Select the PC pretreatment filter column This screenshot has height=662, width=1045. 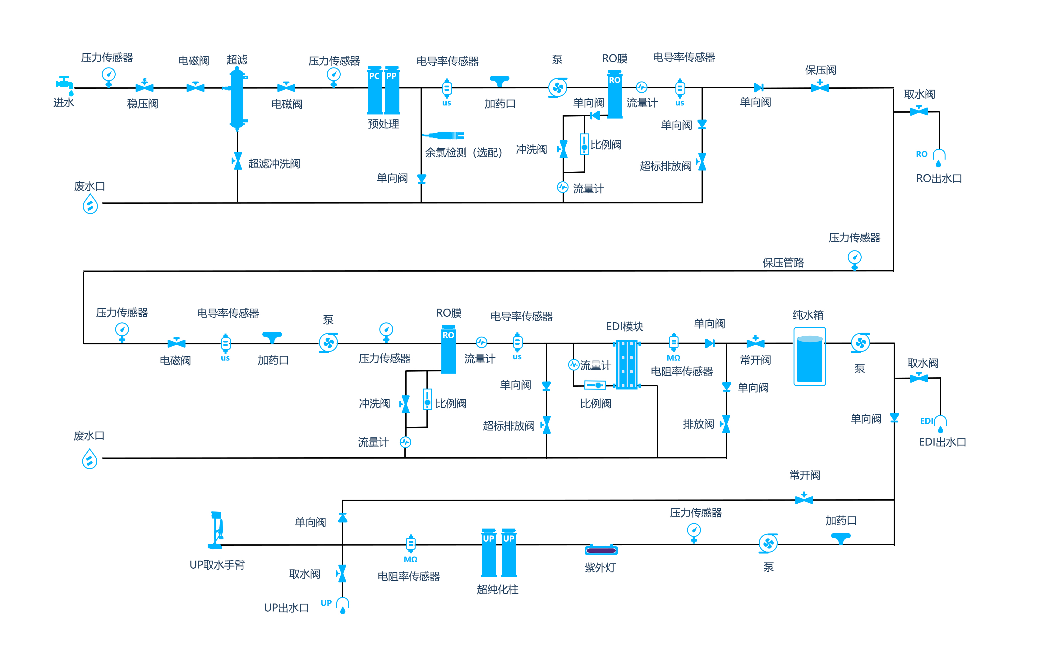point(375,90)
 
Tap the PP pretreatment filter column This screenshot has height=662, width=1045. point(392,90)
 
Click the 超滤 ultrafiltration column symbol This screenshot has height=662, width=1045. point(237,98)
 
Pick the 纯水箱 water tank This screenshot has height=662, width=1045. point(809,356)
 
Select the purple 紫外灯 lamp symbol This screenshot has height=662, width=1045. point(601,550)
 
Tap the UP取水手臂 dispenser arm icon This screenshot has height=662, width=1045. point(216,530)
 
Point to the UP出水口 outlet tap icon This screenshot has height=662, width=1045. point(343,605)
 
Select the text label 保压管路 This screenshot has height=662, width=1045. point(783,262)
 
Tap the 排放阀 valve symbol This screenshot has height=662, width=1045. point(725,424)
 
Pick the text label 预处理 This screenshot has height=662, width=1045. point(383,124)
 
